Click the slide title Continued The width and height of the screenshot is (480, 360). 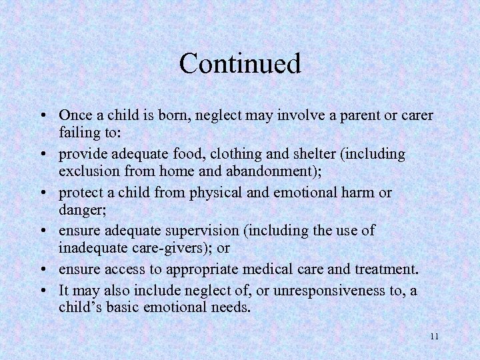[x=240, y=64]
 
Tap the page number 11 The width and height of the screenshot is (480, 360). [x=434, y=336]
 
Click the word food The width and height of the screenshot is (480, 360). [x=189, y=154]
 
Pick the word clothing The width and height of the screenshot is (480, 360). [x=235, y=154]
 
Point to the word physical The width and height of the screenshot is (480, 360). [x=216, y=193]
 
